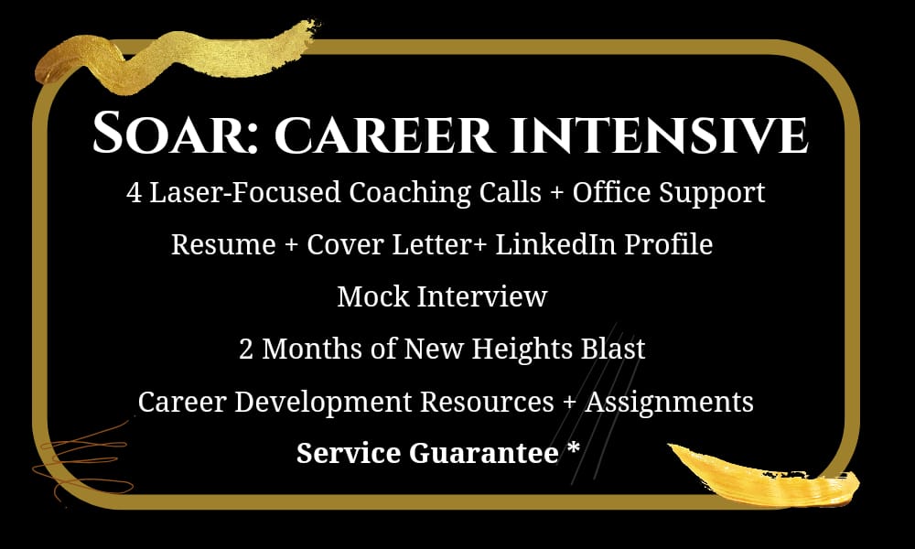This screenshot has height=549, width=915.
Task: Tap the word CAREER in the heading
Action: (x=384, y=135)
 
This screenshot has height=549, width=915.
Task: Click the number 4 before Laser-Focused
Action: (x=134, y=192)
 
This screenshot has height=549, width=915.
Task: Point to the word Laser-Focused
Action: (x=245, y=192)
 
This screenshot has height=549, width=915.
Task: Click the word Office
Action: (x=611, y=192)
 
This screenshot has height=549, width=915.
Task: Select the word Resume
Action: (x=223, y=244)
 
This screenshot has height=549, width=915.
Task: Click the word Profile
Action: (x=669, y=244)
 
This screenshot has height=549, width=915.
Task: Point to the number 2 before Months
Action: (x=246, y=350)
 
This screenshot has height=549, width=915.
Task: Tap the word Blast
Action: (x=613, y=349)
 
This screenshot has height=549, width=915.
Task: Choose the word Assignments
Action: (x=670, y=402)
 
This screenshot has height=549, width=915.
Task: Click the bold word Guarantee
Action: (x=484, y=453)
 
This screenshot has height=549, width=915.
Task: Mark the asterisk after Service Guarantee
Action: (x=574, y=449)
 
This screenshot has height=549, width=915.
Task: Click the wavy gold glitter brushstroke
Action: (x=175, y=59)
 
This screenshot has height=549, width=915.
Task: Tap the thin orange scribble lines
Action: (x=81, y=461)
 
